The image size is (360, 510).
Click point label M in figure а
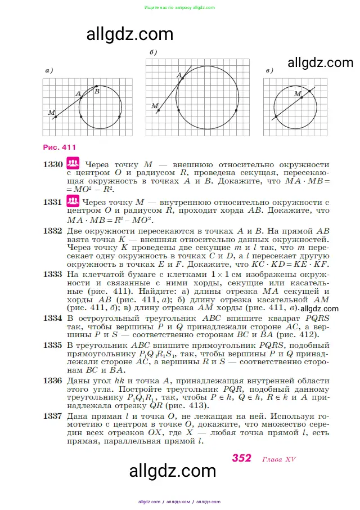(52, 113)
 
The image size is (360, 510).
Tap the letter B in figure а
(97, 91)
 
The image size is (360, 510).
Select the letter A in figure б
(179, 75)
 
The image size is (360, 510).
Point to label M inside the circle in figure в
(298, 93)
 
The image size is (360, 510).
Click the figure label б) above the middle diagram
(153, 52)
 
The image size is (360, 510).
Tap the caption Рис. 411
(59, 147)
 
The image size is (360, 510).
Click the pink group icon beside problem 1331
(73, 201)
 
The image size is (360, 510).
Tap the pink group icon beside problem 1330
(73, 164)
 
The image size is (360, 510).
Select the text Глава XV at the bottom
(279, 459)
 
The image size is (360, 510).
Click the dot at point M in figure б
(159, 110)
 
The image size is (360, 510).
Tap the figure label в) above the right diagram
(269, 70)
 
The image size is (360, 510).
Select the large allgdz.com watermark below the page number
(173, 471)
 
